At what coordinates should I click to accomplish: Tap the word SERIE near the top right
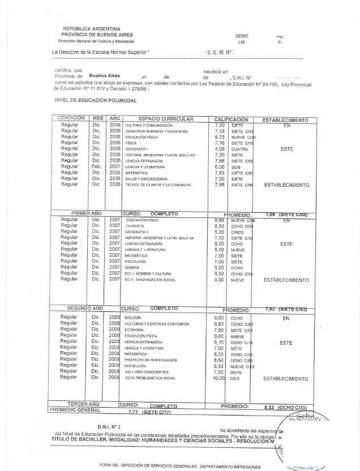coord(242,36)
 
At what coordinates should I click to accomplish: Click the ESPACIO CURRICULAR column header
coord(166,119)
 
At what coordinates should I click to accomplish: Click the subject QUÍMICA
coord(133,267)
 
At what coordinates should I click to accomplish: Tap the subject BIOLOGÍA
coord(134,318)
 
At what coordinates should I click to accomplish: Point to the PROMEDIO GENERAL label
coord(75,410)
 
